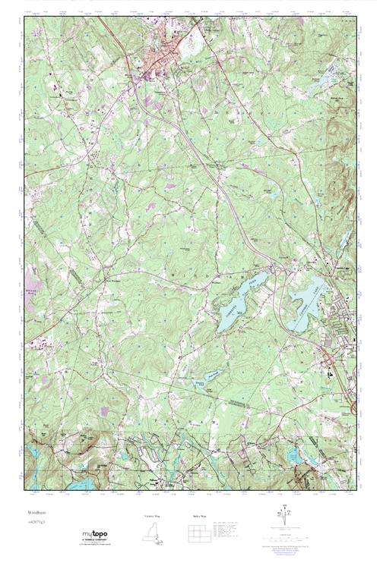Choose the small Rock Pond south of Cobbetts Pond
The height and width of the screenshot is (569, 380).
199,374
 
